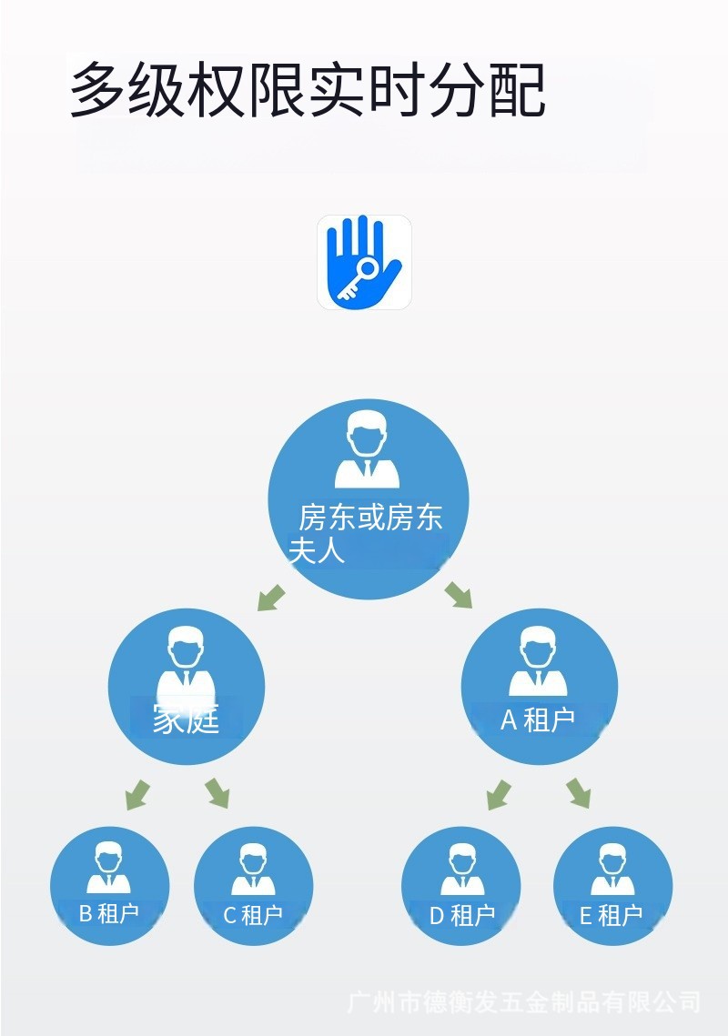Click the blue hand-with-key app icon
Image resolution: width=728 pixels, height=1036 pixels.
(364, 262)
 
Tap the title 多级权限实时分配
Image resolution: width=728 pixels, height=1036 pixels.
(308, 90)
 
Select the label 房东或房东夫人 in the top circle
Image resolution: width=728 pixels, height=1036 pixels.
(369, 533)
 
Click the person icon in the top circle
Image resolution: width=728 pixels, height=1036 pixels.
(368, 450)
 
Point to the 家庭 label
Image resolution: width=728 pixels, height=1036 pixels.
(187, 719)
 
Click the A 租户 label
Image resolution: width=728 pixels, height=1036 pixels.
(538, 719)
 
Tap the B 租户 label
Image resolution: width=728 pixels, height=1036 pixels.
(109, 913)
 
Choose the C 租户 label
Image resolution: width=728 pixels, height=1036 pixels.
(253, 915)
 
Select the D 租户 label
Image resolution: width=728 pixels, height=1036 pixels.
(461, 915)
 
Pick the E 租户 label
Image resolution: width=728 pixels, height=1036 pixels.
(612, 915)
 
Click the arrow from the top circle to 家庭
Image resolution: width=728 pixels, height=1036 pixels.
(271, 598)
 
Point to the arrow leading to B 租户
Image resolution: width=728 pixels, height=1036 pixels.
(137, 794)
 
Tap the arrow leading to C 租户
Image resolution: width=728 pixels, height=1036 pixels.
(217, 793)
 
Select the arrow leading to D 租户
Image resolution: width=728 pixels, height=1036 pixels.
(498, 794)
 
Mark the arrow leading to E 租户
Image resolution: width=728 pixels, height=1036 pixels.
(578, 793)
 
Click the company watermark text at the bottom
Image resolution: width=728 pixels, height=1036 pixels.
(524, 1003)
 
